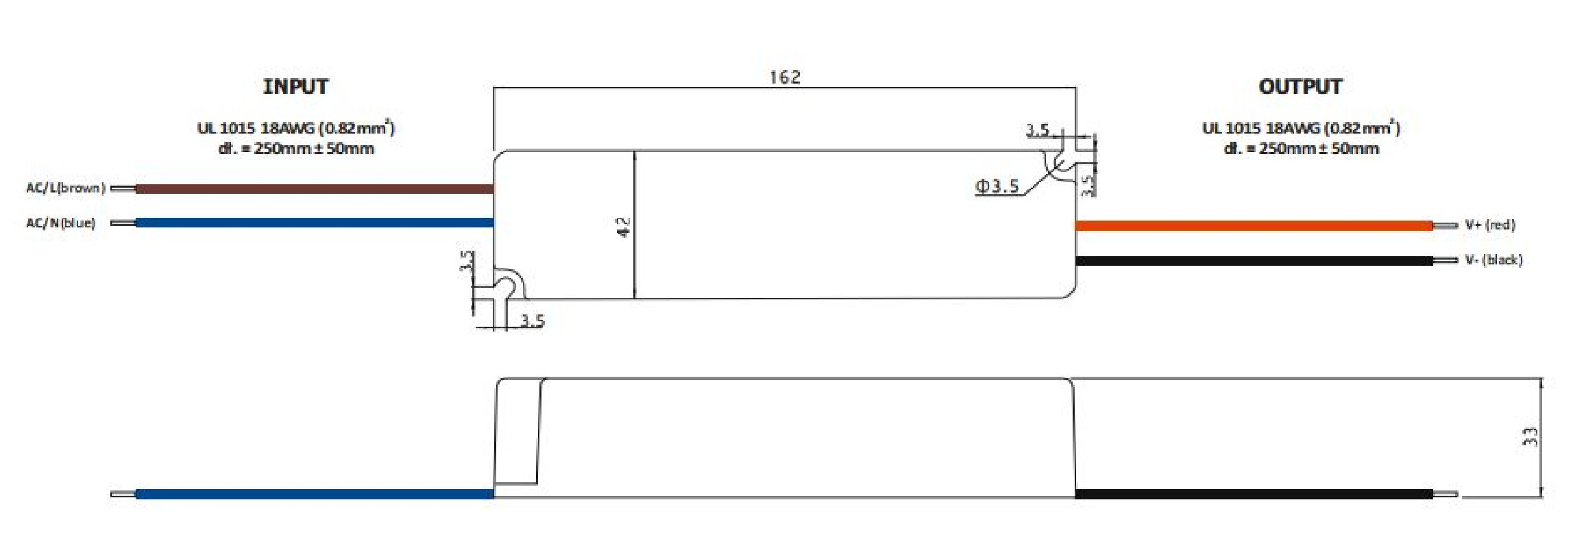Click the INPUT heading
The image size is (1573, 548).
click(x=295, y=87)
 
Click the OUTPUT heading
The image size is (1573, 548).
click(x=1300, y=87)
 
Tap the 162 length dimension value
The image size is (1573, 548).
click(x=785, y=77)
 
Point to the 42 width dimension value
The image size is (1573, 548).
click(x=624, y=227)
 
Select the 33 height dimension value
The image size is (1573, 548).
click(x=1529, y=436)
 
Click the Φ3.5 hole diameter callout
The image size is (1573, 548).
click(x=997, y=186)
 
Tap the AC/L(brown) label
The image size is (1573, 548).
click(x=66, y=188)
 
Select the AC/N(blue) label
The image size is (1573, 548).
click(x=60, y=223)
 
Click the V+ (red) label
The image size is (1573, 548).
click(x=1489, y=225)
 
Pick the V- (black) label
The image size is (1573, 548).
click(x=1493, y=260)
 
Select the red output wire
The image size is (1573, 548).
click(x=1254, y=225)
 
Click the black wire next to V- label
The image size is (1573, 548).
click(x=1254, y=260)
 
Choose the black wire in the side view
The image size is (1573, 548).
click(x=1254, y=494)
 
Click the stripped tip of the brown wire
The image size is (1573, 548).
click(x=123, y=188)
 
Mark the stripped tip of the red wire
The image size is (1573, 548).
click(x=1445, y=225)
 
